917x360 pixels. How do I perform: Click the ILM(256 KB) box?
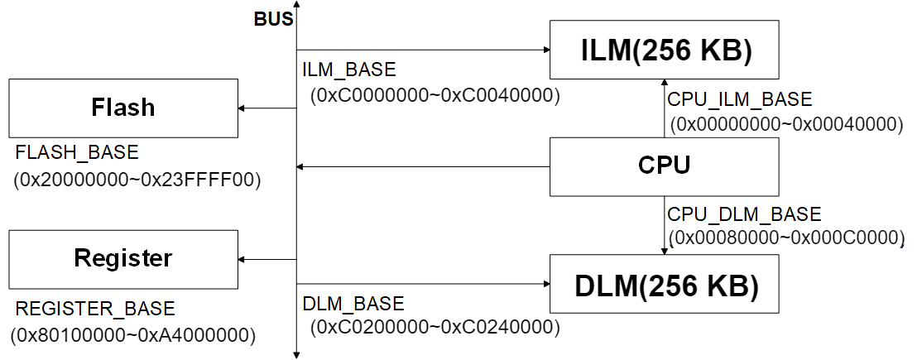coord(665,50)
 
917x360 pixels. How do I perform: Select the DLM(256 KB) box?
coord(665,284)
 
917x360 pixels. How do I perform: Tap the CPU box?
coord(665,166)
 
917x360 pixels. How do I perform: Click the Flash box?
coord(123,108)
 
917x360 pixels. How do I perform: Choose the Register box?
coord(123,259)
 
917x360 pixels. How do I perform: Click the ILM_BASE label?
coord(349,70)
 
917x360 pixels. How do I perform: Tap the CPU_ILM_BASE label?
coord(740,100)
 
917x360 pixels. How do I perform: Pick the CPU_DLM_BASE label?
coord(744,214)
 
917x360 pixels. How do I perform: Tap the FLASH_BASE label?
coord(76,154)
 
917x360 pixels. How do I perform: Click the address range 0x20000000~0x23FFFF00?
coord(137,180)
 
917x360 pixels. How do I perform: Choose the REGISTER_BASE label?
coord(95,310)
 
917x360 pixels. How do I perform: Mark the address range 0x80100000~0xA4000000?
coord(132,336)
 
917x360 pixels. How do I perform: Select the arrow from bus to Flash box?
coord(267,108)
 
